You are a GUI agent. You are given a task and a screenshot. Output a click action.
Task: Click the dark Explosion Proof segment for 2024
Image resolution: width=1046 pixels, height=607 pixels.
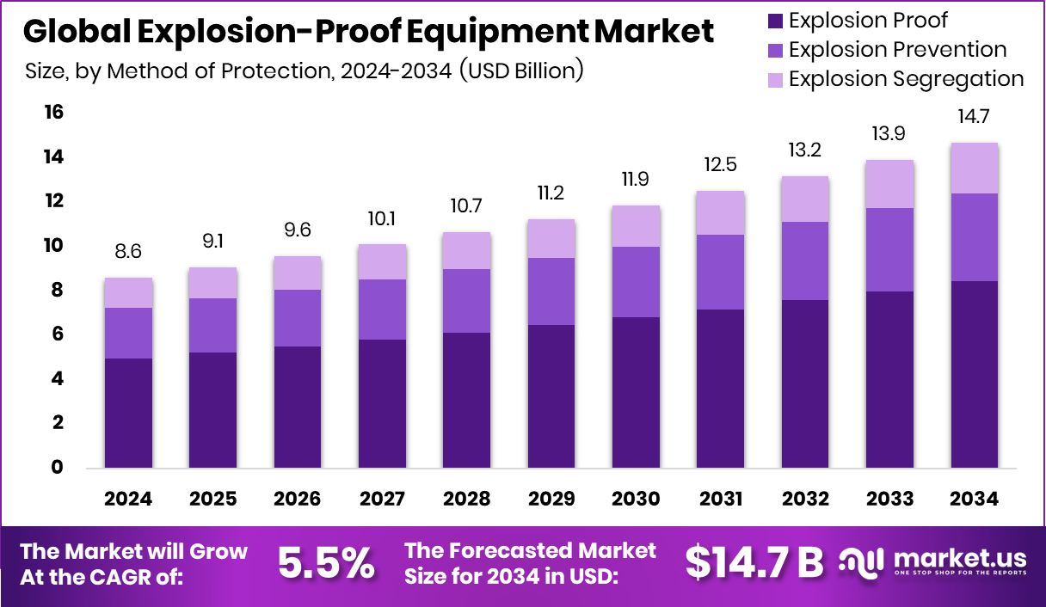pyautogui.click(x=128, y=413)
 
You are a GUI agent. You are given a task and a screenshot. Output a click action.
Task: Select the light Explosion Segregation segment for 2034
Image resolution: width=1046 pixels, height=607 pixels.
pyautogui.click(x=975, y=169)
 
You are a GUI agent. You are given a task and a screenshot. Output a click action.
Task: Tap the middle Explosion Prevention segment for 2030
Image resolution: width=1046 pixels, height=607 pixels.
pyautogui.click(x=636, y=282)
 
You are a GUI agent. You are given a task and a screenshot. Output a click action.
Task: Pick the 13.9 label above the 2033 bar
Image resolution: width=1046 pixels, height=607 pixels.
pyautogui.click(x=889, y=134)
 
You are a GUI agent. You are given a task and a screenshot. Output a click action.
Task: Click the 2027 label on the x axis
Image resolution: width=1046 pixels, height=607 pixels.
pyautogui.click(x=382, y=499)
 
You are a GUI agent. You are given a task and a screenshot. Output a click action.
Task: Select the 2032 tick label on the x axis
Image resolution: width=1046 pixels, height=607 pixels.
pyautogui.click(x=805, y=499)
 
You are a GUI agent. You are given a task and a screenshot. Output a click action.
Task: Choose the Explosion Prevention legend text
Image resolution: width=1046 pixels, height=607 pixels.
pyautogui.click(x=897, y=50)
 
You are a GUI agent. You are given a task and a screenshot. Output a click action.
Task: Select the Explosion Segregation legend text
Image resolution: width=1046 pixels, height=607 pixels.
pyautogui.click(x=906, y=79)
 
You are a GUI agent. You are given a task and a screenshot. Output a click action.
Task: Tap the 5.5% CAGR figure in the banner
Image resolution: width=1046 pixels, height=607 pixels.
pyautogui.click(x=326, y=563)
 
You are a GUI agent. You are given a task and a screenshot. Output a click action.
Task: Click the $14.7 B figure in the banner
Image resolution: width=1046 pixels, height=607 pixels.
pyautogui.click(x=754, y=563)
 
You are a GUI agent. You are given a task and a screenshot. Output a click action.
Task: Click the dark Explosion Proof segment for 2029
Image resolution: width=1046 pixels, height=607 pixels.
pyautogui.click(x=551, y=395)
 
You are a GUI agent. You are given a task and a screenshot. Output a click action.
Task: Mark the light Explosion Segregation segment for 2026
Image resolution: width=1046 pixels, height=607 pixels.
pyautogui.click(x=298, y=273)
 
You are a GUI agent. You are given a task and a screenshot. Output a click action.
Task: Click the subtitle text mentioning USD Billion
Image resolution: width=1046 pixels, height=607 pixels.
pyautogui.click(x=305, y=71)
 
